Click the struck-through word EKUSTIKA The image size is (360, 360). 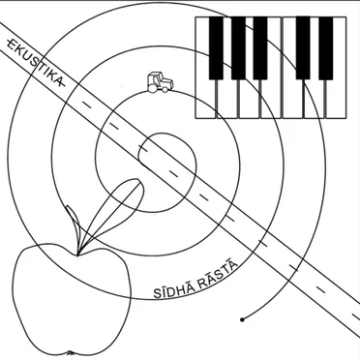pyautogui.click(x=37, y=62)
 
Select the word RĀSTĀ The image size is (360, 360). pyautogui.click(x=218, y=274)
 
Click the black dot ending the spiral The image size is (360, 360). pyautogui.click(x=242, y=319)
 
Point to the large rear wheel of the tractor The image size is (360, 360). pyautogui.click(x=152, y=88)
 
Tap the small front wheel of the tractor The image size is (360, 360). pyautogui.click(x=165, y=89)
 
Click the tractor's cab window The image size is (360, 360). pyautogui.click(x=154, y=78)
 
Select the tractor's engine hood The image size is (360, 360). pyautogui.click(x=167, y=82)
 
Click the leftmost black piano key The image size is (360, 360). pyautogui.click(x=216, y=48)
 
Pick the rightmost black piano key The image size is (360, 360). pyautogui.click(x=326, y=48)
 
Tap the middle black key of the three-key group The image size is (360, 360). pyautogui.click(x=238, y=48)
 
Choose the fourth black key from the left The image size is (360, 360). pyautogui.click(x=303, y=48)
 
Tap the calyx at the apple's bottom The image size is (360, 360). pyautogui.click(x=71, y=353)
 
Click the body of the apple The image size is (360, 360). pyautogui.click(x=72, y=300)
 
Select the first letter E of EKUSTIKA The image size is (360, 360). pyautogui.click(x=11, y=44)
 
